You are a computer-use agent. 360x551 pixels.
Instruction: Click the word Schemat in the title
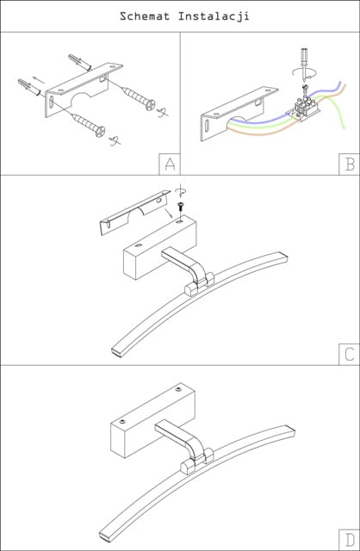click(x=145, y=16)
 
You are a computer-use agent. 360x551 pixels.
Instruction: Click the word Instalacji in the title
click(x=214, y=16)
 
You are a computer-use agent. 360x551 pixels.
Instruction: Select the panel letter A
click(x=170, y=164)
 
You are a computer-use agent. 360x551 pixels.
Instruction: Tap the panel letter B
click(x=350, y=164)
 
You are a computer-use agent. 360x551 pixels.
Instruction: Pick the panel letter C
click(x=350, y=354)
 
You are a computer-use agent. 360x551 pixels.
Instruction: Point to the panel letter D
click(x=350, y=540)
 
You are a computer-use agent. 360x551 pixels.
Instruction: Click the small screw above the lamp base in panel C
click(x=181, y=206)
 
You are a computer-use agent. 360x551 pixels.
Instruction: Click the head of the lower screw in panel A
click(x=101, y=132)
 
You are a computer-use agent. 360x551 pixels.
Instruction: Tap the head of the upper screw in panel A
click(x=151, y=104)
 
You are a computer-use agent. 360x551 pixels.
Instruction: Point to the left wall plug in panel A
click(x=28, y=88)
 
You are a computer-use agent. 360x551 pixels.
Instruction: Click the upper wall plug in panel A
click(x=79, y=62)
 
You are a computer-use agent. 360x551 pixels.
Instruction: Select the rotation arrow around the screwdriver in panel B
click(x=305, y=73)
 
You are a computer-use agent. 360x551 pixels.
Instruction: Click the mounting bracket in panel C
click(x=134, y=213)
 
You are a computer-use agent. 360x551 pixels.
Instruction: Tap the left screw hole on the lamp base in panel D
click(x=122, y=421)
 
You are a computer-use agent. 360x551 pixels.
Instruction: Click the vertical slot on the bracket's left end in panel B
click(x=208, y=126)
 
